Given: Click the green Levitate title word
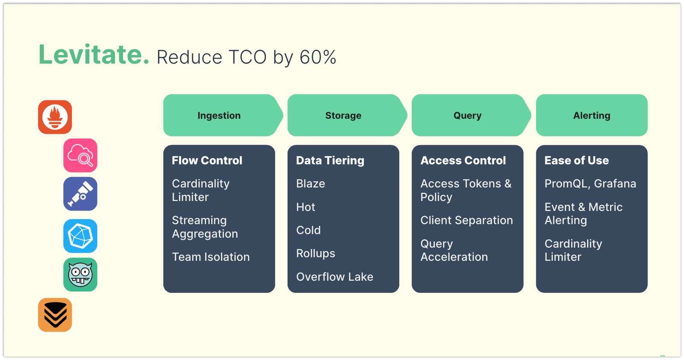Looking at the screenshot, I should tap(94, 55).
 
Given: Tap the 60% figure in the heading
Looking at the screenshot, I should tap(318, 57).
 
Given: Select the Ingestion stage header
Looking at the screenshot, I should tap(219, 115).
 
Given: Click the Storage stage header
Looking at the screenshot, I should tap(343, 115).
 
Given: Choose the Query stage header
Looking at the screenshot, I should tap(467, 115).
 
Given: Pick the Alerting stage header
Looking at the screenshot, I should tap(592, 115).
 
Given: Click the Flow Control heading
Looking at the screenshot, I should tap(207, 160).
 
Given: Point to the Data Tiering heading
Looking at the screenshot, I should tap(330, 160).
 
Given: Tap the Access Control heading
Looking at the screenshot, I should tap(463, 160).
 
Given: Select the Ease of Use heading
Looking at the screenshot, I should tap(576, 160).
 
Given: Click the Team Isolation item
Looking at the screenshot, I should tap(211, 257).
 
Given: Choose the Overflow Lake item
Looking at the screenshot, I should tap(335, 277).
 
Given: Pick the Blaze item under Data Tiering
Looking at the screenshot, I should tap(311, 184).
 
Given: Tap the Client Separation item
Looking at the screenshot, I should tap(466, 220).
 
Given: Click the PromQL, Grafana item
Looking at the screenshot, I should tap(590, 184).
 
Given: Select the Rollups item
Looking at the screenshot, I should tap(315, 254).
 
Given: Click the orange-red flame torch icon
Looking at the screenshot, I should tap(55, 117).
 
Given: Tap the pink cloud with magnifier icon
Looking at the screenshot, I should tap(80, 156).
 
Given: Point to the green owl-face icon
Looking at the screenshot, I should tap(80, 274).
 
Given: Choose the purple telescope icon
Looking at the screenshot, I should tap(80, 194).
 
